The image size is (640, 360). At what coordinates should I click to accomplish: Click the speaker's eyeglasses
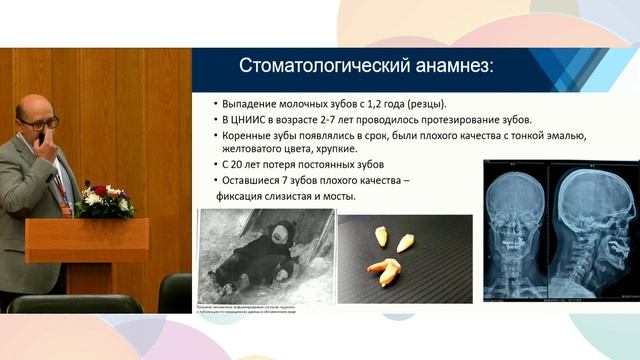(39, 122)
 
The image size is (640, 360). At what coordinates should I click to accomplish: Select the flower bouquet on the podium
(104, 200)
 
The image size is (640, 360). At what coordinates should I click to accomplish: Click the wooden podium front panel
(87, 240)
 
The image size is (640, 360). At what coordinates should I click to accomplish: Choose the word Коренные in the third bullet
(250, 134)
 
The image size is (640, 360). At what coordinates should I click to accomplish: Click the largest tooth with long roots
(386, 270)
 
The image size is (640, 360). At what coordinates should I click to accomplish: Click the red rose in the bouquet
(99, 190)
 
